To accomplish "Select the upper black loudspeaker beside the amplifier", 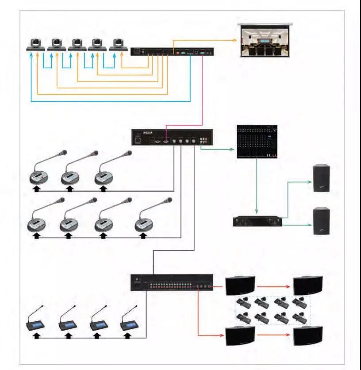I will pyautogui.click(x=321, y=178).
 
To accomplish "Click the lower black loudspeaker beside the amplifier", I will pyautogui.click(x=321, y=222).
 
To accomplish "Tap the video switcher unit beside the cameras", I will pyautogui.click(x=173, y=52).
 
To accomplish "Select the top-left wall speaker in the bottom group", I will pyautogui.click(x=240, y=285).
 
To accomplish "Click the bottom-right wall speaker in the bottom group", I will pyautogui.click(x=308, y=336).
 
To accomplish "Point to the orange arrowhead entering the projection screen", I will pyautogui.click(x=235, y=40).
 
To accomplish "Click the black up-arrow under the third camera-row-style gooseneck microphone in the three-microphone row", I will pyautogui.click(x=103, y=189).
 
